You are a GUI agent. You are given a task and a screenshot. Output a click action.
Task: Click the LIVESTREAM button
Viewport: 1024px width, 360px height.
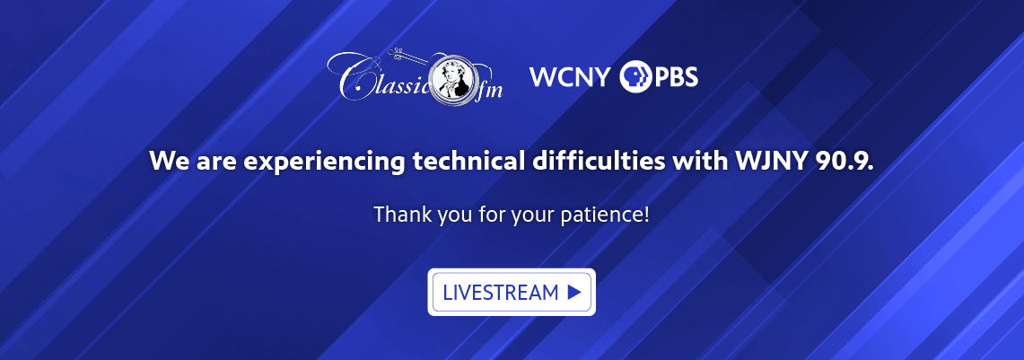[512, 292]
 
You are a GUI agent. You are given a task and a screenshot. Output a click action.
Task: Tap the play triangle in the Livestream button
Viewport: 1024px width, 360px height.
[574, 292]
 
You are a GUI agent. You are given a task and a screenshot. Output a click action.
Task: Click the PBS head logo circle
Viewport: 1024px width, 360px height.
[635, 77]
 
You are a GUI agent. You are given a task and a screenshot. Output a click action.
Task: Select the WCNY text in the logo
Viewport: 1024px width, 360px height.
[570, 77]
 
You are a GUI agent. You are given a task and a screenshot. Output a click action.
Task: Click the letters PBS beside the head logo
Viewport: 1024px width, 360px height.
[675, 77]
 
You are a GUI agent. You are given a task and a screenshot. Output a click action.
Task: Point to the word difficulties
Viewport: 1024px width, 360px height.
[593, 162]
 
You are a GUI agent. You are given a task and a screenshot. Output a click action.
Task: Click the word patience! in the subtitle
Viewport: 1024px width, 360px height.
[605, 215]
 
